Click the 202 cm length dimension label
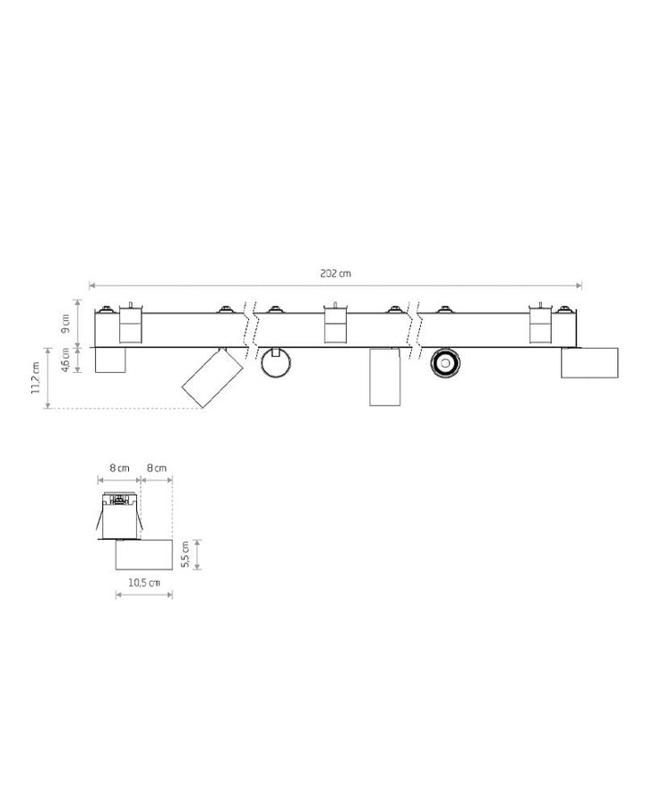click(335, 273)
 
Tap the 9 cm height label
click(65, 323)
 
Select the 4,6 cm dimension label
click(65, 360)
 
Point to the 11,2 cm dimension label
click(36, 377)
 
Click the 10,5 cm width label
click(144, 583)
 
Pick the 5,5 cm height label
click(185, 554)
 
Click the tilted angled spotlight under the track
click(212, 377)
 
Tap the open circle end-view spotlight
click(276, 363)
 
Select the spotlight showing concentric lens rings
click(445, 363)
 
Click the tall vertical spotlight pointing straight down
click(384, 377)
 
